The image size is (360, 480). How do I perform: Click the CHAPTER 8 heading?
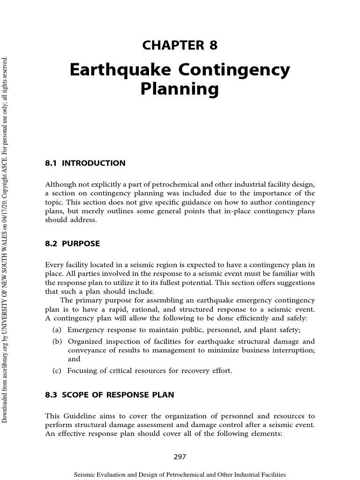click(180, 45)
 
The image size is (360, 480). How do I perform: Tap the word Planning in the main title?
click(180, 89)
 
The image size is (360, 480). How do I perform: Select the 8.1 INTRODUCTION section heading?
click(85, 164)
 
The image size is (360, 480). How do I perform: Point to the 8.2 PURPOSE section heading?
click(72, 244)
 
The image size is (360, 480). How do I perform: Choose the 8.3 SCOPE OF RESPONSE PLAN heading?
click(109, 395)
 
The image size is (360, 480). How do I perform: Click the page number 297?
click(180, 457)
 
